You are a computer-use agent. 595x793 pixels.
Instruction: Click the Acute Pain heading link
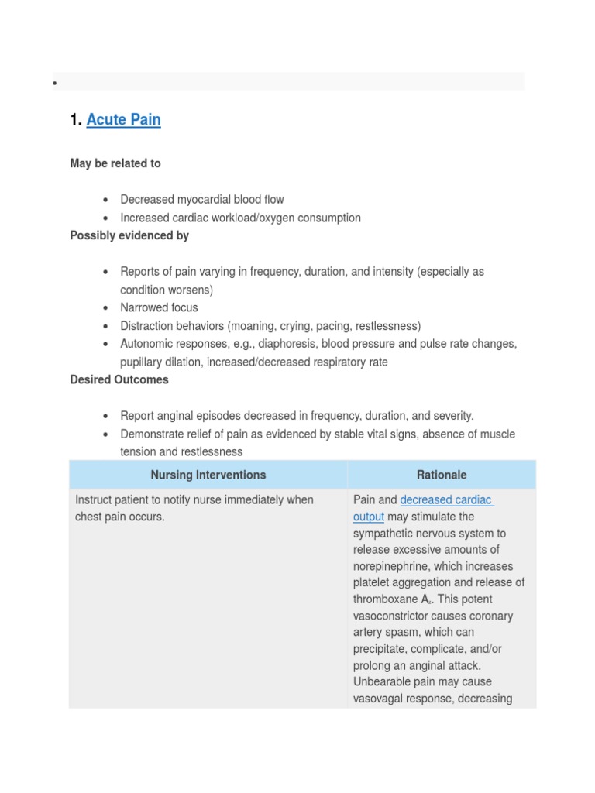coord(123,120)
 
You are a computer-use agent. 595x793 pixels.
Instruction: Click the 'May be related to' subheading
coord(115,163)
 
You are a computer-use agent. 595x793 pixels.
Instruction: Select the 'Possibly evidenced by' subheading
coord(129,235)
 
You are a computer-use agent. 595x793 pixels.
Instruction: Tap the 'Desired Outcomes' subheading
coord(119,379)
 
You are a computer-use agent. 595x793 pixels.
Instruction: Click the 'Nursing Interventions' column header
coord(208,475)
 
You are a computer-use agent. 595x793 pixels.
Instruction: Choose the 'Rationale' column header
coord(442,475)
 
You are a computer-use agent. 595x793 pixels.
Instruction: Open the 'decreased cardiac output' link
coord(446,500)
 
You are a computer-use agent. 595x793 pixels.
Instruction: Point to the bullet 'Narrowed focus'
coord(159,307)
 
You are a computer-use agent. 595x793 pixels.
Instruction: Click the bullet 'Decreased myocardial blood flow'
coord(202,200)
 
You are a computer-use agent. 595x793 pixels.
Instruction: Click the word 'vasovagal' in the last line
coord(378,699)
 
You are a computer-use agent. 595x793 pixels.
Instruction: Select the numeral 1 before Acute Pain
coord(74,120)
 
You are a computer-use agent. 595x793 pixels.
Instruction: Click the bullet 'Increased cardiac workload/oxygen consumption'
coord(240,218)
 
